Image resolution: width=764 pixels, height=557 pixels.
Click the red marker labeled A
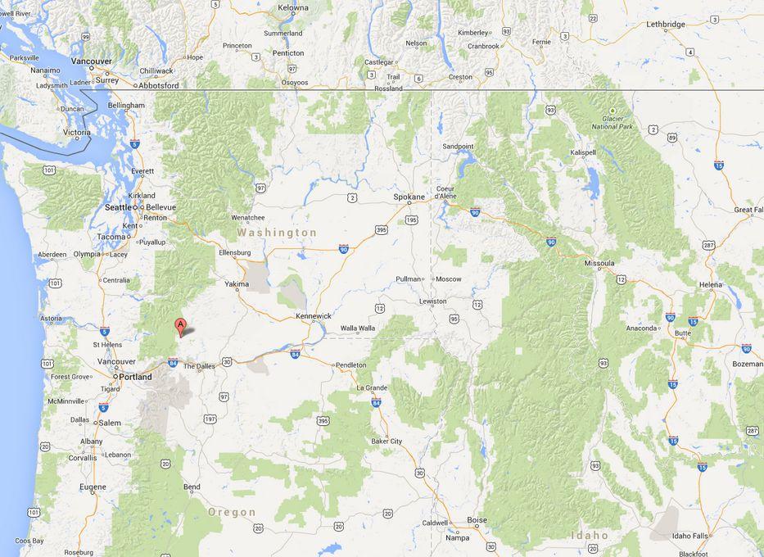(x=180, y=326)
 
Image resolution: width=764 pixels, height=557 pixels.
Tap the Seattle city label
(x=119, y=208)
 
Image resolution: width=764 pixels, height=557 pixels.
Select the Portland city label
(x=134, y=377)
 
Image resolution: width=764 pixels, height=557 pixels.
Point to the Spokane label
(x=409, y=197)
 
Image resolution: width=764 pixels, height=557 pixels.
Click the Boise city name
(x=477, y=520)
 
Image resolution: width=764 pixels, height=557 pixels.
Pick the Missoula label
(x=599, y=263)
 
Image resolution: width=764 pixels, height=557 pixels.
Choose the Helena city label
(x=710, y=285)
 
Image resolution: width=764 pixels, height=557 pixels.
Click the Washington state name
(x=277, y=233)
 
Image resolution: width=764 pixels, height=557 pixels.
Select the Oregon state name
(x=232, y=512)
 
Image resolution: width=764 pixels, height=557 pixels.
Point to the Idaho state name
(x=590, y=535)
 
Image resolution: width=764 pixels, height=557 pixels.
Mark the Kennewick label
(x=314, y=315)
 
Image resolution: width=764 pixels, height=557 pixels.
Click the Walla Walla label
(x=358, y=328)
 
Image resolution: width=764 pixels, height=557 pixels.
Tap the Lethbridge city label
(x=665, y=25)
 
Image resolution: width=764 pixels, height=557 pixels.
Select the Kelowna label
(x=293, y=8)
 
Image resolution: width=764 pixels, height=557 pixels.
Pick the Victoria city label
(x=77, y=132)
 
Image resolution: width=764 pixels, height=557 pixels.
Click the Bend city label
(x=192, y=487)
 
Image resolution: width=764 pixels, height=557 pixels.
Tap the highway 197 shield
(x=210, y=419)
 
